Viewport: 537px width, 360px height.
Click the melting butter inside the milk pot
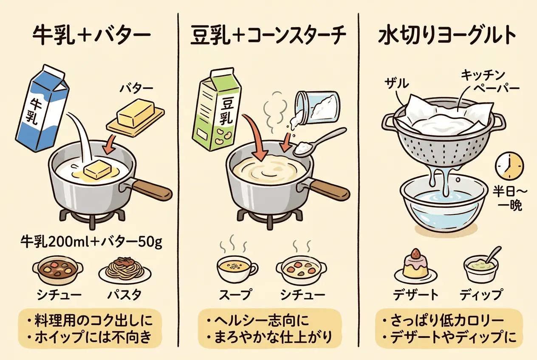[98, 171]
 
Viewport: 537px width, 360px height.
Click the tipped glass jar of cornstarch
[317, 108]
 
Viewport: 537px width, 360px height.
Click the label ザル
[397, 84]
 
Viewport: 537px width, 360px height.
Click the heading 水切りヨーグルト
[447, 36]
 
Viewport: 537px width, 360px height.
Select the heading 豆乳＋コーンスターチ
[268, 36]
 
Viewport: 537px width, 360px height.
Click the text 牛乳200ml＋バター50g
[91, 242]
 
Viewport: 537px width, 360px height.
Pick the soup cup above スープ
[237, 269]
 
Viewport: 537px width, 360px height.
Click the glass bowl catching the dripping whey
[443, 205]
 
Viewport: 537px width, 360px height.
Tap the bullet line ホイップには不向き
[90, 337]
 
